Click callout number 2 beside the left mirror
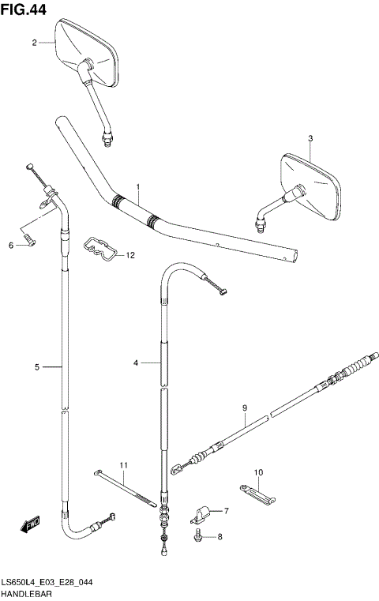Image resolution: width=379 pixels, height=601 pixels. pyautogui.click(x=35, y=43)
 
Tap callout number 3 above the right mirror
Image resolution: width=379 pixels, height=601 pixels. pyautogui.click(x=310, y=139)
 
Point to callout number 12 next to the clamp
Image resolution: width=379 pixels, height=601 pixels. pyautogui.click(x=130, y=255)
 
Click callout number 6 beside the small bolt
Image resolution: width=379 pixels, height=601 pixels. pyautogui.click(x=11, y=246)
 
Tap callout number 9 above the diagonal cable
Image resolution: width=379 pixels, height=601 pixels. pyautogui.click(x=245, y=408)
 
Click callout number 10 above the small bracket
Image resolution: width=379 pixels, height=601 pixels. pyautogui.click(x=257, y=472)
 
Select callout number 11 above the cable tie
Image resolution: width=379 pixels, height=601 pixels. pyautogui.click(x=123, y=464)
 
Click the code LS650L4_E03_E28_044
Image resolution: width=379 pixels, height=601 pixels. pyautogui.click(x=47, y=580)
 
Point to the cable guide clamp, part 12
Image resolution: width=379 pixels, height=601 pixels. pyautogui.click(x=100, y=247)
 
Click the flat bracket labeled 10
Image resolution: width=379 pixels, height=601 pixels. pyautogui.click(x=256, y=494)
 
